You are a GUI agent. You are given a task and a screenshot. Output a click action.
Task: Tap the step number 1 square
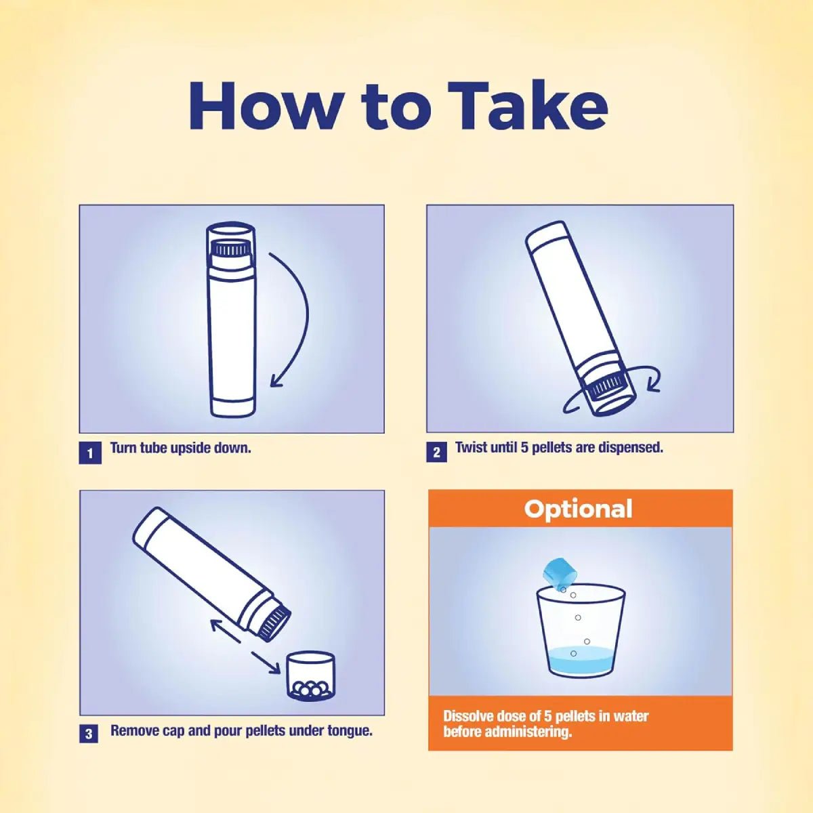point(90,453)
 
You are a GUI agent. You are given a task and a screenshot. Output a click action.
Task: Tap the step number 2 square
point(437,453)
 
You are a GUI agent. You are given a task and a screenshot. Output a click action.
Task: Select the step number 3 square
point(89,734)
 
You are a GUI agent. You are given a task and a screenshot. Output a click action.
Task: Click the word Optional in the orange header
point(579,509)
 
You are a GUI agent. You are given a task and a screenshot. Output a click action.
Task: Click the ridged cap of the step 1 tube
point(231,249)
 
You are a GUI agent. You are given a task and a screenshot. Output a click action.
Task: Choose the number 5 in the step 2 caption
point(524,447)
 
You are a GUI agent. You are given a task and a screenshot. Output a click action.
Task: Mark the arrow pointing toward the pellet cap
point(266,663)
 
